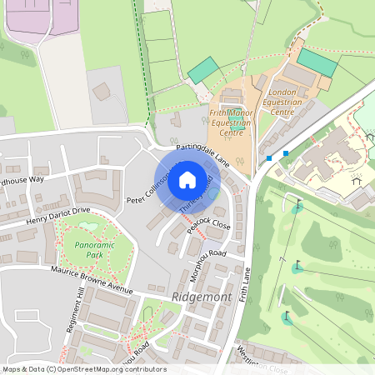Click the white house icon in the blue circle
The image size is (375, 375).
coord(187,179)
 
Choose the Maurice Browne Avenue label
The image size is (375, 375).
coord(91,279)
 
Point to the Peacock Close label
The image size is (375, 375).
coord(207,220)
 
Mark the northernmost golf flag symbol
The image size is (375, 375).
coord(297,203)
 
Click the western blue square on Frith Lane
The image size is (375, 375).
coord(268,157)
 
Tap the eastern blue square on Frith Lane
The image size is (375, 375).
coord(286,153)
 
